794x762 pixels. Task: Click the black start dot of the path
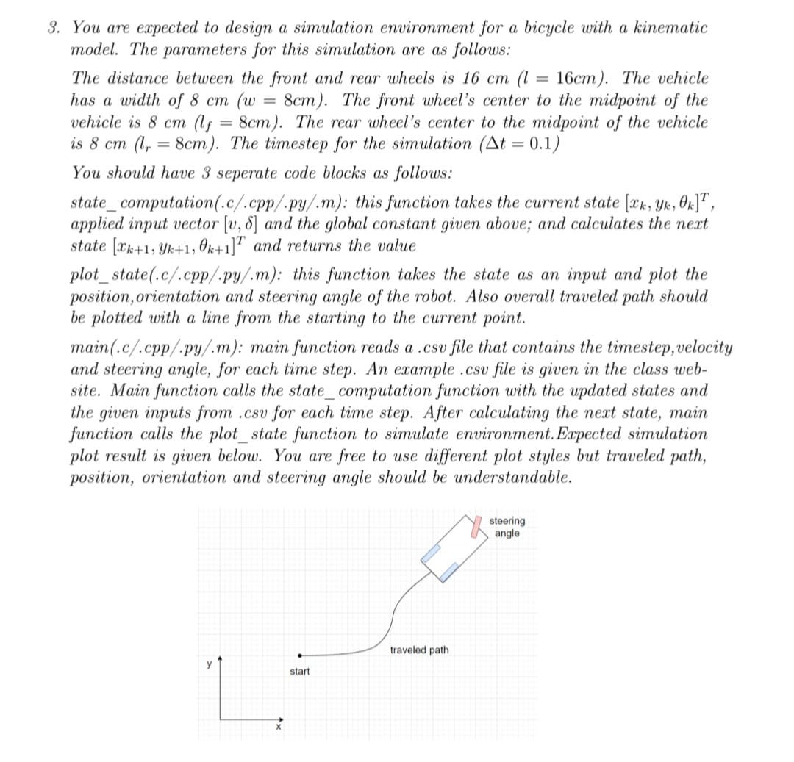[x=299, y=655]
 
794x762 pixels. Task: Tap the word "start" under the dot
[x=300, y=672]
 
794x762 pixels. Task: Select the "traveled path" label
[x=419, y=650]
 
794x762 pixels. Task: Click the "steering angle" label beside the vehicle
[x=507, y=528]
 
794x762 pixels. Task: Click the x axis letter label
[x=279, y=728]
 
